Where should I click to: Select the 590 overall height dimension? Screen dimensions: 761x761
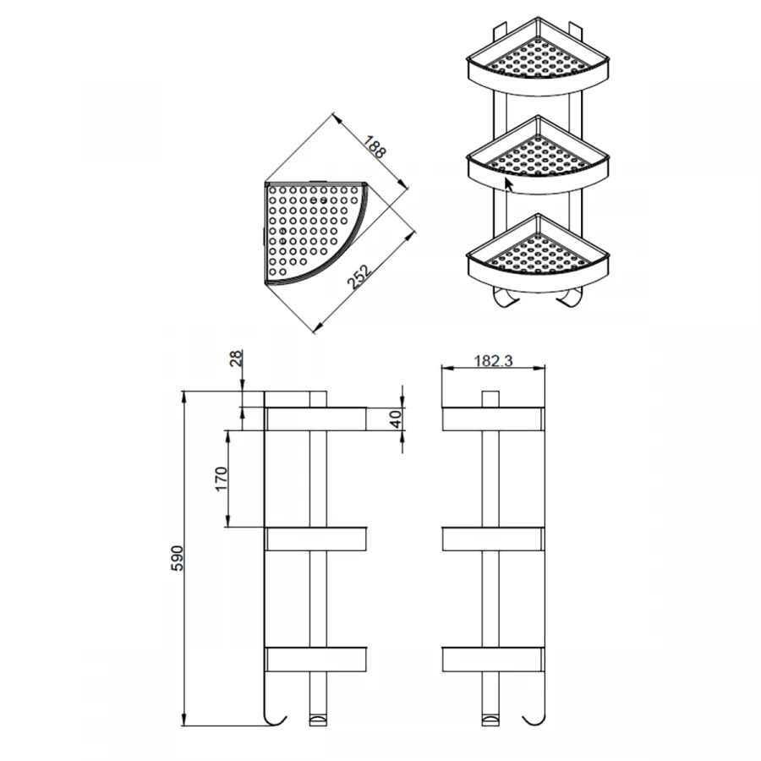[178, 558]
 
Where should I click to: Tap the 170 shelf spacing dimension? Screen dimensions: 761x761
[222, 479]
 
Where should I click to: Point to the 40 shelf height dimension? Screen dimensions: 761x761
[397, 419]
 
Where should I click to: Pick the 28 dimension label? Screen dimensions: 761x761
[236, 359]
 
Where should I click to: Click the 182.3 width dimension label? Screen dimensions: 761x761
[493, 361]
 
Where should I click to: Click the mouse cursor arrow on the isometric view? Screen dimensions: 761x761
[509, 185]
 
